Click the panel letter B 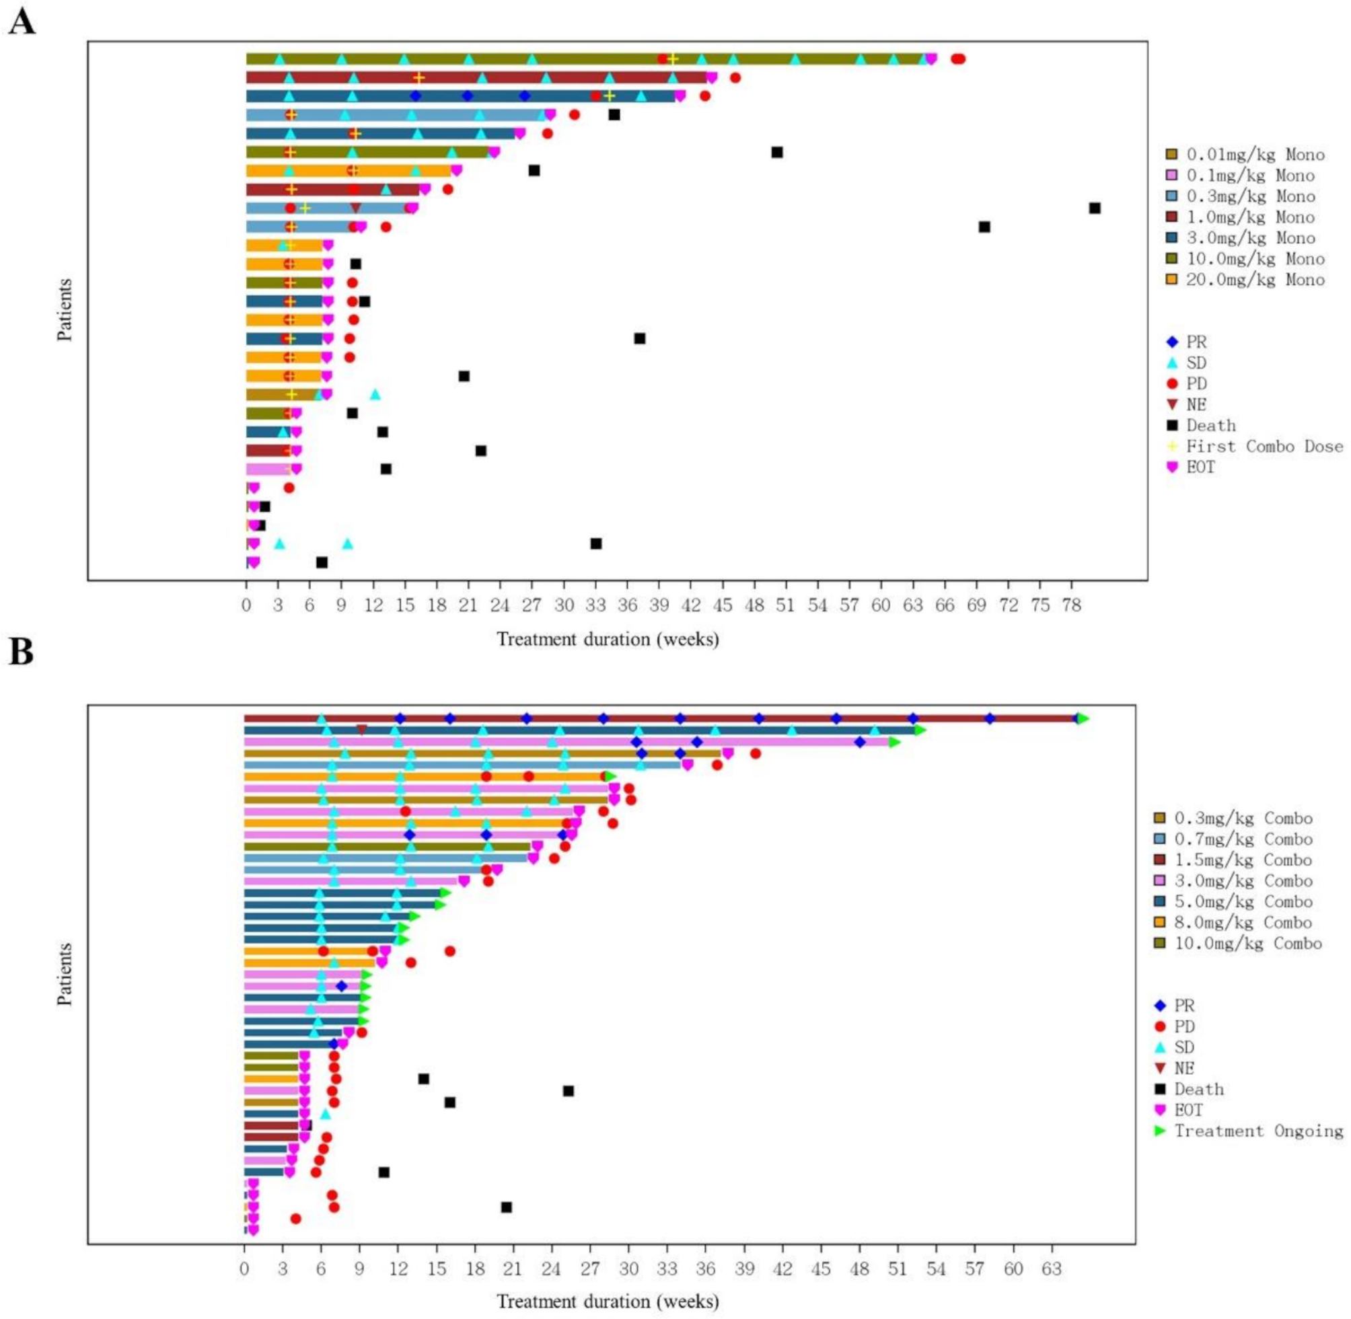(21, 652)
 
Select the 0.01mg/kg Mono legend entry (1245, 155)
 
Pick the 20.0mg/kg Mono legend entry (1245, 280)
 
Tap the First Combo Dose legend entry (1256, 446)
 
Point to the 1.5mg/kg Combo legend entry (1234, 860)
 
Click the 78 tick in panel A (1072, 605)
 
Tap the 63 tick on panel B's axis (1052, 1268)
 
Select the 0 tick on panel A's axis (247, 605)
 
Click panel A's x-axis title (608, 639)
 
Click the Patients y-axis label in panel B (65, 974)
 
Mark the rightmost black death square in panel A (1095, 208)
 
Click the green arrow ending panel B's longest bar (1083, 718)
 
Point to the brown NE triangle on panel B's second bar (362, 730)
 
